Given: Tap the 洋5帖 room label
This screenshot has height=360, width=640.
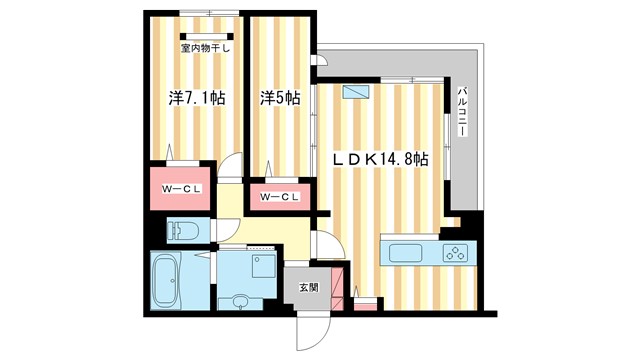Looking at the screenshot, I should click(x=280, y=98).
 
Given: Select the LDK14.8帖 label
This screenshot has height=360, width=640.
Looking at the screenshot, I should click(x=380, y=159).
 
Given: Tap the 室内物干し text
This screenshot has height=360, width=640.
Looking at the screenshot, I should click(x=206, y=47).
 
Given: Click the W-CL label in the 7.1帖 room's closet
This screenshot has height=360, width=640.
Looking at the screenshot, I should click(x=181, y=187).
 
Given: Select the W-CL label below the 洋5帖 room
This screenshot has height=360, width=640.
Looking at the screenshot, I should click(x=279, y=197).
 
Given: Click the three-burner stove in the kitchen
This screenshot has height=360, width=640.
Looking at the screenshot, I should click(x=455, y=252).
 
